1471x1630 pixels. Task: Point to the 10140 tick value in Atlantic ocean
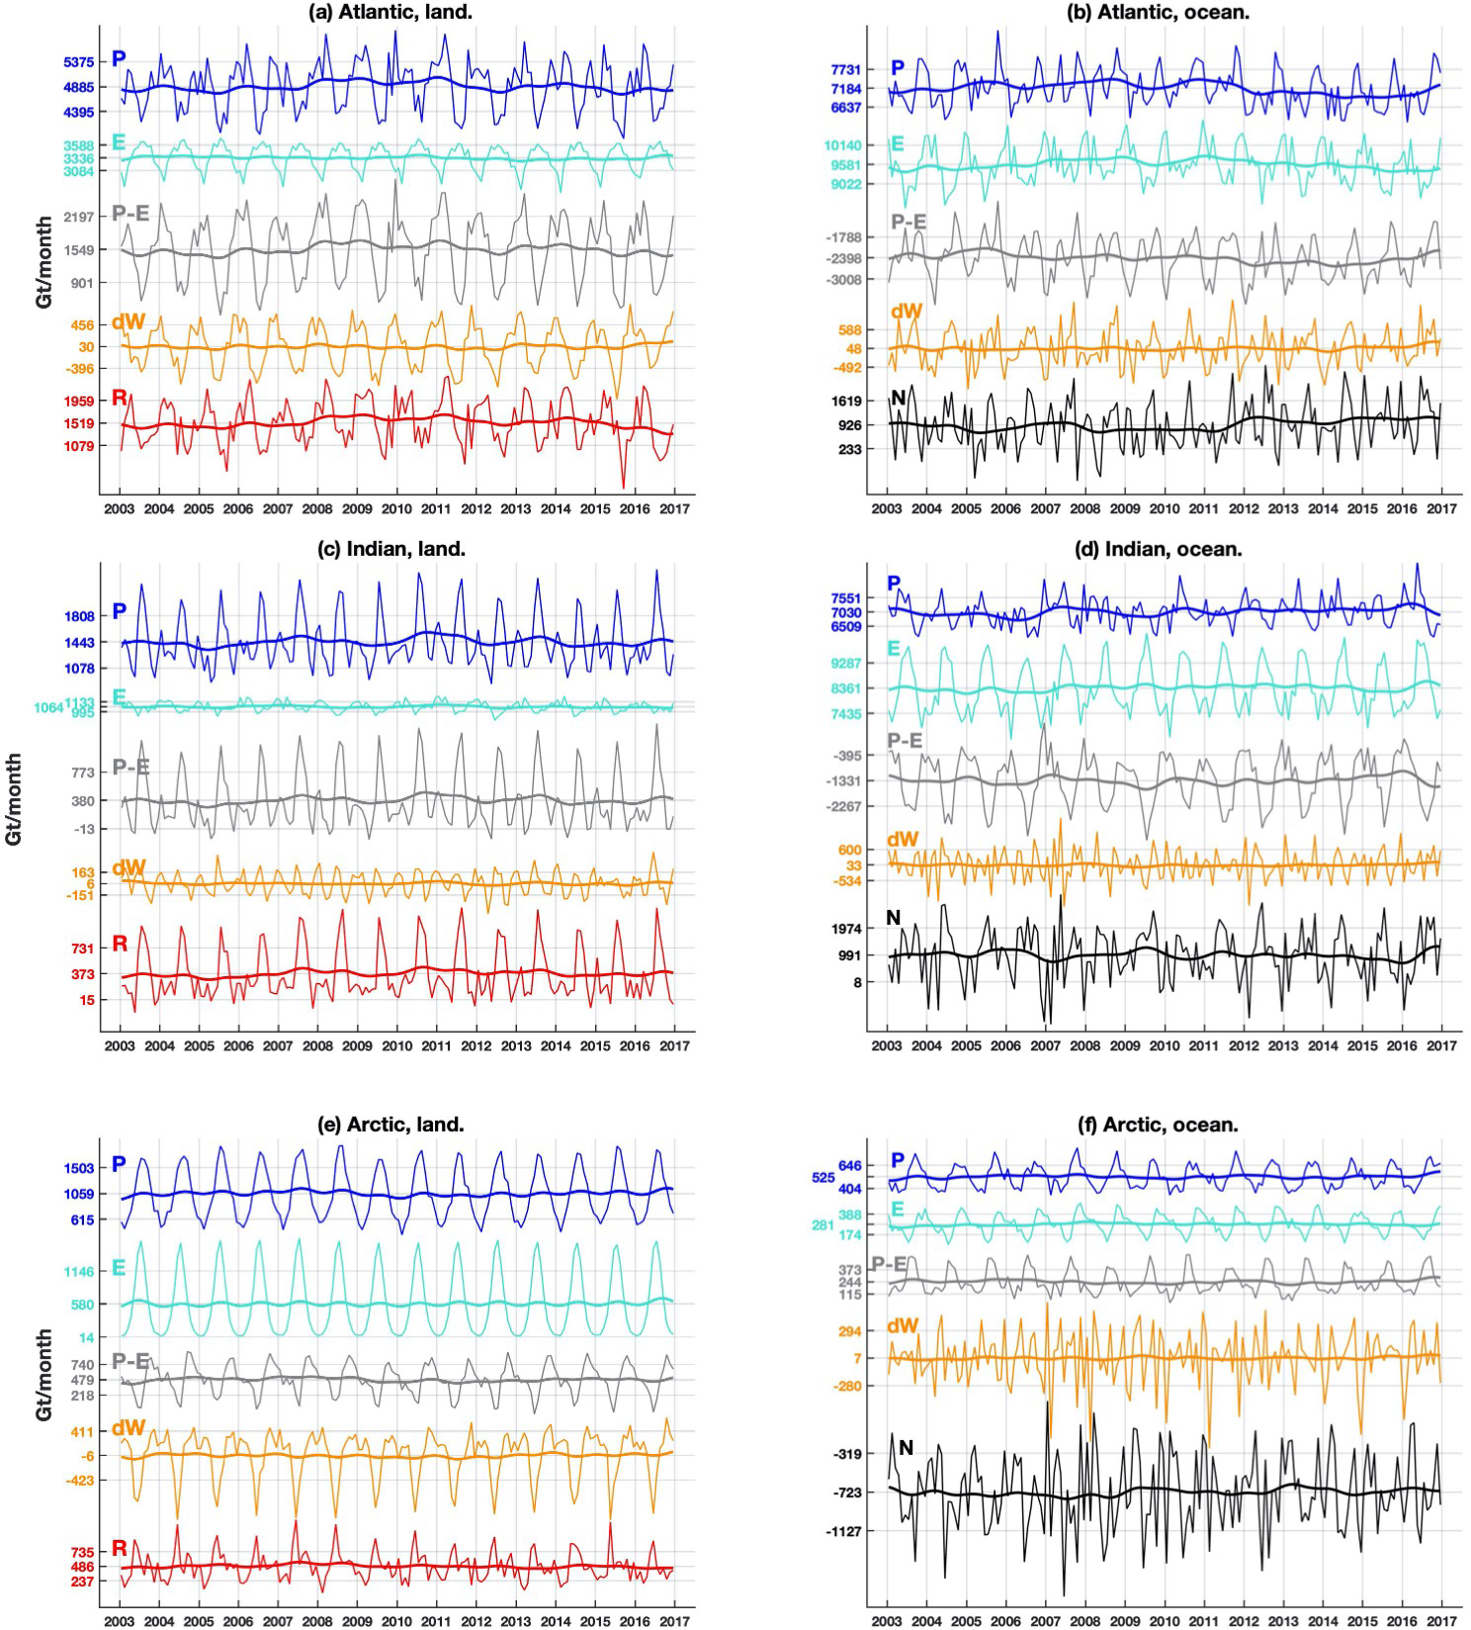point(843,146)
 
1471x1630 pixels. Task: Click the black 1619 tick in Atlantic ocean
point(848,402)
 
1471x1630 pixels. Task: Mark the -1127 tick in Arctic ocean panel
point(846,1531)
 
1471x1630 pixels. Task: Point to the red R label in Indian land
point(120,944)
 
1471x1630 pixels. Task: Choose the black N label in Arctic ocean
point(905,1448)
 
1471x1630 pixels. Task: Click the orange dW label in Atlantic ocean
point(906,313)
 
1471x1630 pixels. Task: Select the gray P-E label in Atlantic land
point(130,213)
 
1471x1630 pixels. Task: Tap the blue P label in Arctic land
point(119,1164)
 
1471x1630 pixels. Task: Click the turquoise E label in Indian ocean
point(895,649)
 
